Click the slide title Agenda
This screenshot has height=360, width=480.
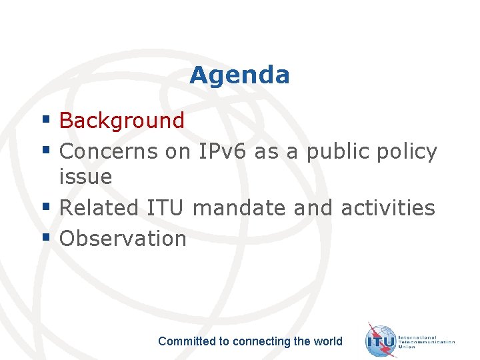pyautogui.click(x=239, y=75)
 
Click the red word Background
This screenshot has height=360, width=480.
pyautogui.click(x=121, y=121)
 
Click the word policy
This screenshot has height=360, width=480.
pyautogui.click(x=407, y=152)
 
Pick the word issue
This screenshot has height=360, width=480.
pyautogui.click(x=85, y=177)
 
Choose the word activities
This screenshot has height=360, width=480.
pyautogui.click(x=387, y=208)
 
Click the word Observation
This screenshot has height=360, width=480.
pyautogui.click(x=123, y=239)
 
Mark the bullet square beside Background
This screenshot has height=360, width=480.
pyautogui.click(x=47, y=120)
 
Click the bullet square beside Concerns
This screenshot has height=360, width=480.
pyautogui.click(x=47, y=151)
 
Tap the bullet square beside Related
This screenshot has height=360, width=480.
pyautogui.click(x=47, y=207)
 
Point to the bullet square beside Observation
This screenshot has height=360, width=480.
pyautogui.click(x=47, y=237)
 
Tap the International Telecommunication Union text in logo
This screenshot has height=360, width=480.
pyautogui.click(x=426, y=341)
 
